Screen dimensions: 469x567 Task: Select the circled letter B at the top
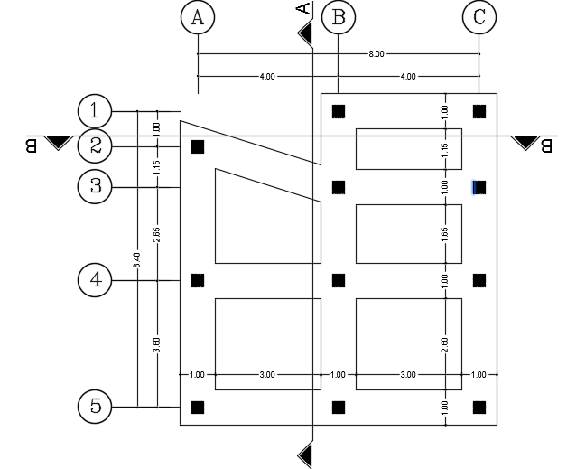pos(339,17)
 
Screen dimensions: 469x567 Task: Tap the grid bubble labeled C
pos(479,17)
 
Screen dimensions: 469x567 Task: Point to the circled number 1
pos(95,111)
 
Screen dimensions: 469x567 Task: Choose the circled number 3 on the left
pos(95,187)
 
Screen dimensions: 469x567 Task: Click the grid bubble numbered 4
pos(95,280)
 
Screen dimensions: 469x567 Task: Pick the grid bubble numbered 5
pos(95,407)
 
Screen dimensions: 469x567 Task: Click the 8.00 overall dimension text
pos(376,54)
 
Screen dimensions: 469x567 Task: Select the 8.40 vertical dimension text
pos(137,258)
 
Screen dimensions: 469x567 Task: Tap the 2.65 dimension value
pos(157,234)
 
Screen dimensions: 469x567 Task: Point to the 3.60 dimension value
pos(157,343)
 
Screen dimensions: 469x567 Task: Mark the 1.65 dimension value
pos(444,232)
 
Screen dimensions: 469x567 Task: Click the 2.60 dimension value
pos(444,343)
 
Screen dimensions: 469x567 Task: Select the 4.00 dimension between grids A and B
pos(267,77)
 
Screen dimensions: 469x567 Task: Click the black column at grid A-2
pos(198,146)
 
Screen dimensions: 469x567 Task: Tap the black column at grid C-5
pos(479,407)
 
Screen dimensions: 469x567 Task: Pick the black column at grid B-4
pos(339,280)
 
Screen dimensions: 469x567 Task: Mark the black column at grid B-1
pos(339,111)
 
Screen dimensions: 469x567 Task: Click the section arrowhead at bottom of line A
pos(306,453)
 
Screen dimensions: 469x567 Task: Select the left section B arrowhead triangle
pos(59,142)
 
